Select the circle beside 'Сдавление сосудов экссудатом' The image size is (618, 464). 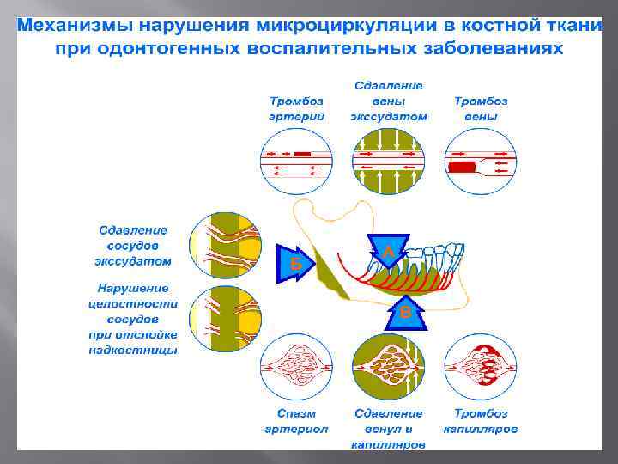tap(226, 245)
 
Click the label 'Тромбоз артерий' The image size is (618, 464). tap(296, 108)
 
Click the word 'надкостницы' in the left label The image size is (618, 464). tap(132, 351)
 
